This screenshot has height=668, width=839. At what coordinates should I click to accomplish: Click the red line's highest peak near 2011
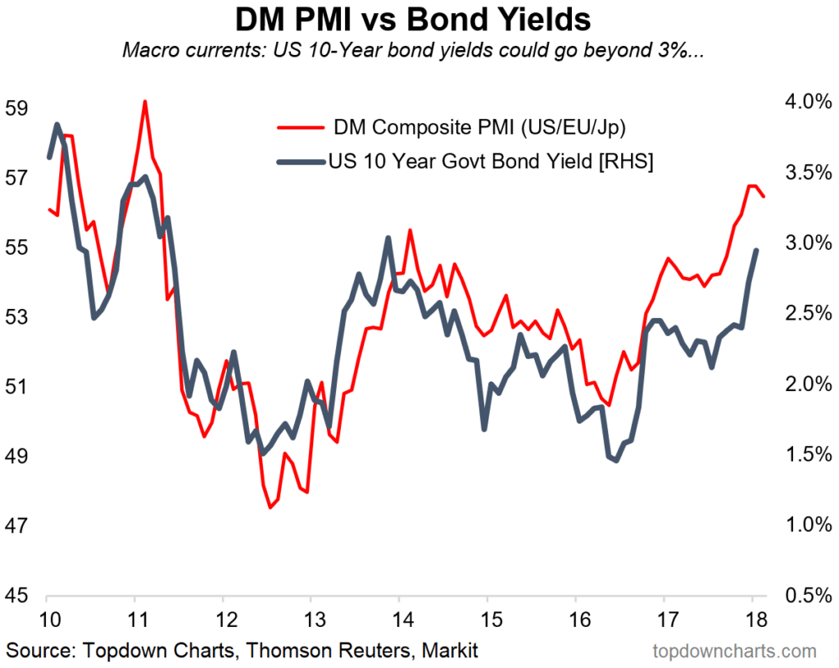tap(145, 102)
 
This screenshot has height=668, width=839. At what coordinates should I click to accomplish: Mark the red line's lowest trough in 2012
tap(270, 507)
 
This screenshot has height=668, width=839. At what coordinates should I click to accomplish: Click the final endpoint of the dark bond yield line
tap(755, 250)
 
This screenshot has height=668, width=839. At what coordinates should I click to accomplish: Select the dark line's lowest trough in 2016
tap(616, 461)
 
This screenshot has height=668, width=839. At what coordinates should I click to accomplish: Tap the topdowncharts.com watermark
tap(735, 652)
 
